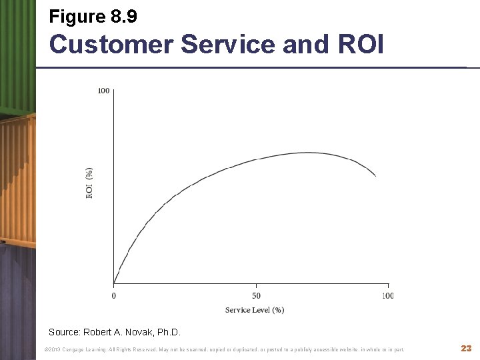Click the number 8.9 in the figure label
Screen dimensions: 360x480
point(121,16)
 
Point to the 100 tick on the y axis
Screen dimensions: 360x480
point(104,91)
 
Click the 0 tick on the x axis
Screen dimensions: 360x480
point(113,295)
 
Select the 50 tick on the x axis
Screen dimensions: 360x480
point(256,295)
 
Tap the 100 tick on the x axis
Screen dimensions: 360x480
point(387,295)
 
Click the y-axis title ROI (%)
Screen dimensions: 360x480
point(89,182)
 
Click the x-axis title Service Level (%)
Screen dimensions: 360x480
point(255,310)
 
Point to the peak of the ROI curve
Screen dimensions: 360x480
point(310,153)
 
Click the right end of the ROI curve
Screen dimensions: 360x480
point(376,176)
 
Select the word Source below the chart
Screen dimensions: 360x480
point(64,332)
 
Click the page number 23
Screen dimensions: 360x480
point(466,349)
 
